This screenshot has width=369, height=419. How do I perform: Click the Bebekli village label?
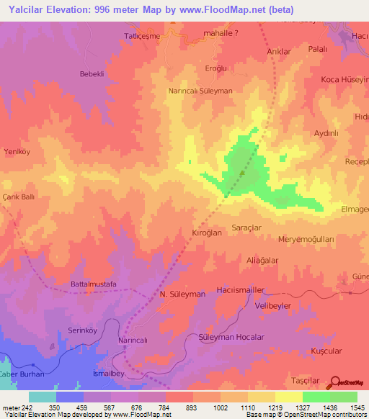click(x=92, y=74)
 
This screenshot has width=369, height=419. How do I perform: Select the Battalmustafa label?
click(x=93, y=284)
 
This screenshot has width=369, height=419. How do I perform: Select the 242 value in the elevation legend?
click(x=22, y=407)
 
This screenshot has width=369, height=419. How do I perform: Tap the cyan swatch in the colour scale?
click(x=42, y=397)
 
